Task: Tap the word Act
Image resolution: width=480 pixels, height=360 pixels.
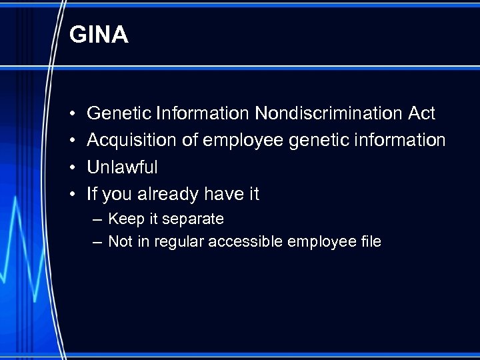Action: coord(421,114)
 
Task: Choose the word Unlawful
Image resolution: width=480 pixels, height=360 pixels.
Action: coord(122,167)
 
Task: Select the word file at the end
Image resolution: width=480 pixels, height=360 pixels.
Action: coord(368,242)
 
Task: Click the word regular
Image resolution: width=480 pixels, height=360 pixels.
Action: coord(179,242)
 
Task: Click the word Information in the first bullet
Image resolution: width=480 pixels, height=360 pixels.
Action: coord(201,114)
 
